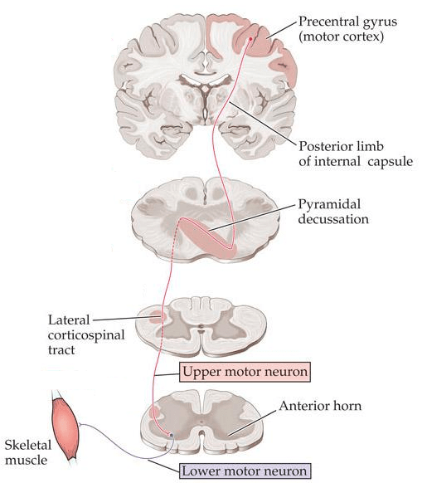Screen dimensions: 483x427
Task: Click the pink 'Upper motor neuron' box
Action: coord(245,372)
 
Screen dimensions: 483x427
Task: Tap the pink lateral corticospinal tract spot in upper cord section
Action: coord(155,316)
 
